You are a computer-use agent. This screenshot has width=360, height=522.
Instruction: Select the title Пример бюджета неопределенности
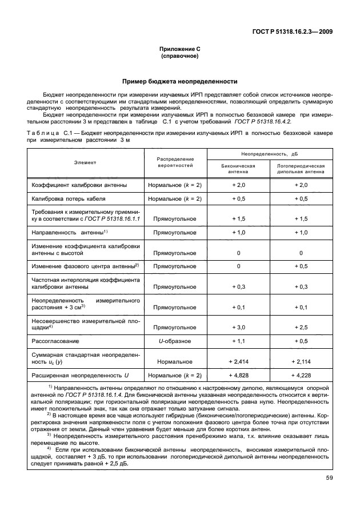pos(179,81)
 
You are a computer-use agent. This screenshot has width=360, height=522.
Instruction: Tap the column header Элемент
pos(85,162)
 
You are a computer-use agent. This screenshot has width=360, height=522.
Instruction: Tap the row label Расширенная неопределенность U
pos(76,375)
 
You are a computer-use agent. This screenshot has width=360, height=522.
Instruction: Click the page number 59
pos(327,479)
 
